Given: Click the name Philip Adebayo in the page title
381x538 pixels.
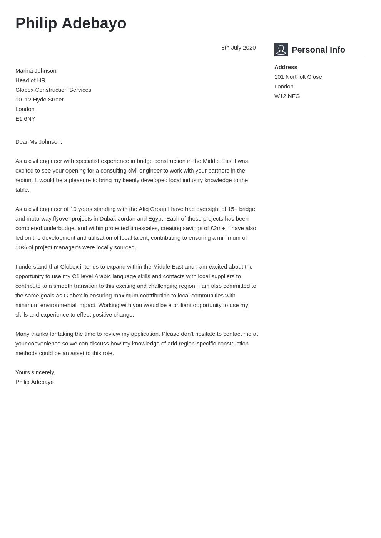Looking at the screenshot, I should (71, 23).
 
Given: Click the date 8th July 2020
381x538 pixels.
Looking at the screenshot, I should (238, 48).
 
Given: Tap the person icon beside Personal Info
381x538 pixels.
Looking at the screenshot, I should (281, 50).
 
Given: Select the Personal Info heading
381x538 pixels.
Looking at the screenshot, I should (318, 50).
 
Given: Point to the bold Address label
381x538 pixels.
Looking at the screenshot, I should (286, 67).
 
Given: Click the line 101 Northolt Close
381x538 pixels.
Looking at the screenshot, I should (298, 77).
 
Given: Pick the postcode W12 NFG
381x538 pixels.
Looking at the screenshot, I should (287, 96).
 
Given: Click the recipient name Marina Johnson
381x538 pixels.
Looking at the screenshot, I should (36, 71).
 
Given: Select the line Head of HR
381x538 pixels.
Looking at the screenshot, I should (30, 80).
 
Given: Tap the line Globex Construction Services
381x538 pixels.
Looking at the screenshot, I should (53, 90).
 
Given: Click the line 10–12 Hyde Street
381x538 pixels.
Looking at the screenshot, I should (39, 100).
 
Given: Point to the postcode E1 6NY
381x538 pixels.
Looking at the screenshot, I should (25, 119).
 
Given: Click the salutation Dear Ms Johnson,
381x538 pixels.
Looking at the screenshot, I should (38, 142).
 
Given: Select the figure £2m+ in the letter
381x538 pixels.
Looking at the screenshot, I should (217, 228).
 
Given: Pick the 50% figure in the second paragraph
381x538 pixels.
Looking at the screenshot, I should (22, 247).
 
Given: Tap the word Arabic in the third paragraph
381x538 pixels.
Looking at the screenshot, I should (102, 276).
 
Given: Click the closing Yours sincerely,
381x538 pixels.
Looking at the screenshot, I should (35, 372).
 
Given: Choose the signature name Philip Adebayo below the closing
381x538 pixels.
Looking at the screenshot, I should (35, 382).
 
